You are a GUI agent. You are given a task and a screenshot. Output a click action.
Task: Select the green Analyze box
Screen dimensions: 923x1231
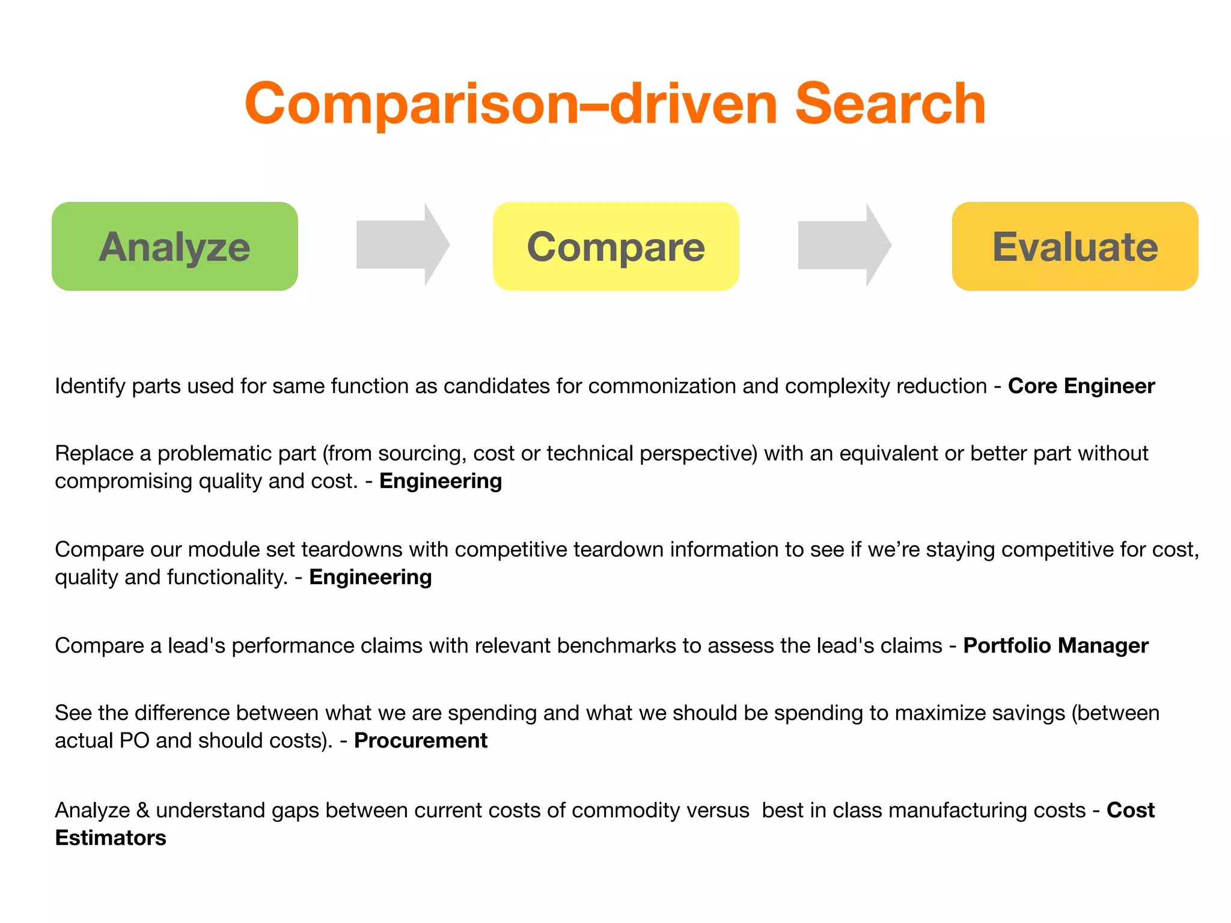pyautogui.click(x=174, y=246)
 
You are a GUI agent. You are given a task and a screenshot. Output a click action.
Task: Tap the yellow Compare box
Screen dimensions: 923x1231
pyautogui.click(x=615, y=246)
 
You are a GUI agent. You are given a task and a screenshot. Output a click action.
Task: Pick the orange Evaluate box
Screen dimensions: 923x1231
pyautogui.click(x=1075, y=246)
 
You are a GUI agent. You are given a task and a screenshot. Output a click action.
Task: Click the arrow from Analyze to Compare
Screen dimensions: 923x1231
pyautogui.click(x=402, y=245)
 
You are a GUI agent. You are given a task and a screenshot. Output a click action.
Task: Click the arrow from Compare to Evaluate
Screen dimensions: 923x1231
pyautogui.click(x=844, y=245)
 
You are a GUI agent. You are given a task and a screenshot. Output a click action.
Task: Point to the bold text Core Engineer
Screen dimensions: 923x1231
pyautogui.click(x=1081, y=386)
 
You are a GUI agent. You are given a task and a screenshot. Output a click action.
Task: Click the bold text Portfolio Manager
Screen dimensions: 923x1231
pyautogui.click(x=1055, y=645)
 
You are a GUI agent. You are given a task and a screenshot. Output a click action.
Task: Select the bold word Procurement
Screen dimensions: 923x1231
pyautogui.click(x=420, y=740)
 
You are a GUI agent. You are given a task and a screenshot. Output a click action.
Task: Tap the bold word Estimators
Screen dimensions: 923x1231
pyautogui.click(x=111, y=838)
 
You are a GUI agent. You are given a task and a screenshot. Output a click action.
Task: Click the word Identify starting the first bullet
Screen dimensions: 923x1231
pyautogui.click(x=90, y=386)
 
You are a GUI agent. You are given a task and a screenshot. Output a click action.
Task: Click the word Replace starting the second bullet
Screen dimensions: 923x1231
pyautogui.click(x=94, y=453)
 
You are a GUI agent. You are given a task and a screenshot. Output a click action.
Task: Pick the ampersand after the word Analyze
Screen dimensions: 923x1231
pyautogui.click(x=142, y=810)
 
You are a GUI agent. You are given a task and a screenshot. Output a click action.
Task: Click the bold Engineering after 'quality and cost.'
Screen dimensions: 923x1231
pyautogui.click(x=441, y=481)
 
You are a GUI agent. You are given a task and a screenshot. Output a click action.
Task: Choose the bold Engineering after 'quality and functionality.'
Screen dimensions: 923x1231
pyautogui.click(x=370, y=577)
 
